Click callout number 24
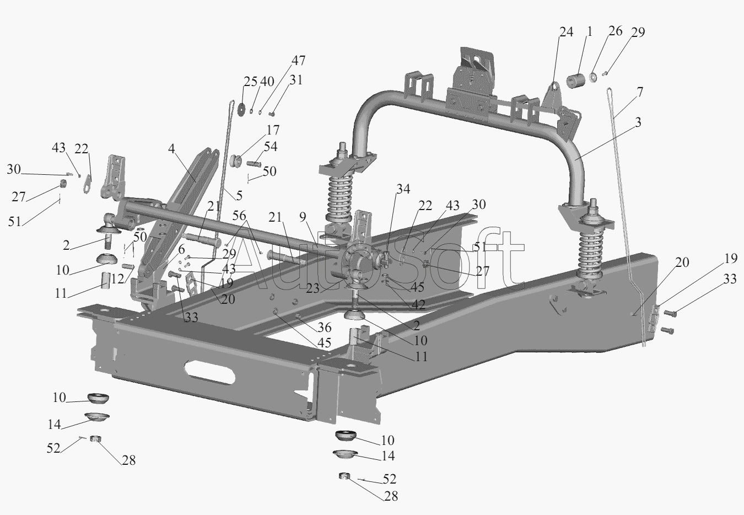point(567,32)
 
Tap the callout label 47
point(298,61)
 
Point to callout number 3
point(638,122)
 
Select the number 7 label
point(640,92)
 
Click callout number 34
point(403,189)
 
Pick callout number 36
point(324,328)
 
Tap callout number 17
point(273,130)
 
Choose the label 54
point(271,147)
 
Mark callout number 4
point(171,148)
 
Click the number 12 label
point(117,278)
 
